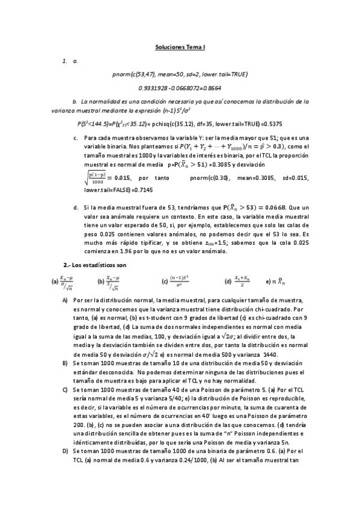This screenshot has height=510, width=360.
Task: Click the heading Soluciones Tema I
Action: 180,46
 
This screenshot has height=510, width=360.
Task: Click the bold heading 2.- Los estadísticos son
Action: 95,265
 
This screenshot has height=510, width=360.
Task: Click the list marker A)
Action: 65,300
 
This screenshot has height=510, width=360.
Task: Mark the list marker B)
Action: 65,364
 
